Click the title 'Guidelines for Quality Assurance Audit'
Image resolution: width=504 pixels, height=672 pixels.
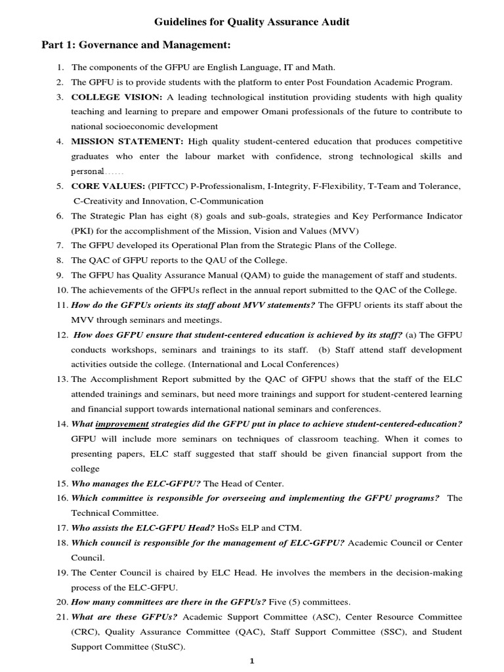pos(252,22)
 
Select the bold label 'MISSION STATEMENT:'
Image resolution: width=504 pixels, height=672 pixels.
pos(127,141)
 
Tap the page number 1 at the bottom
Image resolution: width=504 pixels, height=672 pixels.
pos(251,661)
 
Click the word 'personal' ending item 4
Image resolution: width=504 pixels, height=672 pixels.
pos(87,171)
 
